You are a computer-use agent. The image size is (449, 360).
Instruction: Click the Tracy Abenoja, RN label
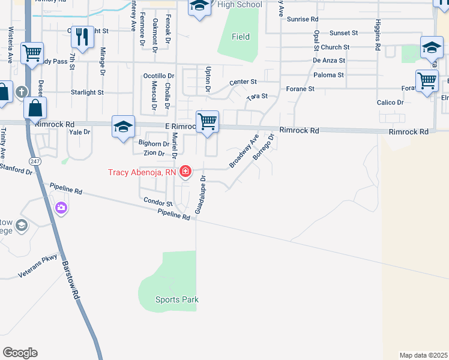tap(142, 172)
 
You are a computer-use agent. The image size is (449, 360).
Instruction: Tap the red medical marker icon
tap(185, 172)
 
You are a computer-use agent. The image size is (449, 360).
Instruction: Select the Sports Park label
tap(176, 299)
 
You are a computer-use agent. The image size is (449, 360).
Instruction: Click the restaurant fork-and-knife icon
tap(83, 37)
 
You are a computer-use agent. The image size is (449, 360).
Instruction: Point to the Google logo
tap(20, 353)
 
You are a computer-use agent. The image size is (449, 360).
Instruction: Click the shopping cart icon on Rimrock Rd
tap(207, 121)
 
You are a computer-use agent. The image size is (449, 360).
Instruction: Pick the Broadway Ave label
tap(244, 151)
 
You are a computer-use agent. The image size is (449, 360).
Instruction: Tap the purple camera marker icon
tap(61, 208)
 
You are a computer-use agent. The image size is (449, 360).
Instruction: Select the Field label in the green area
tap(241, 37)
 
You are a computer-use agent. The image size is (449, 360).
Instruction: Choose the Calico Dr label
tap(390, 102)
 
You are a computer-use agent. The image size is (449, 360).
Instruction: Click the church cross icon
tap(22, 92)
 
